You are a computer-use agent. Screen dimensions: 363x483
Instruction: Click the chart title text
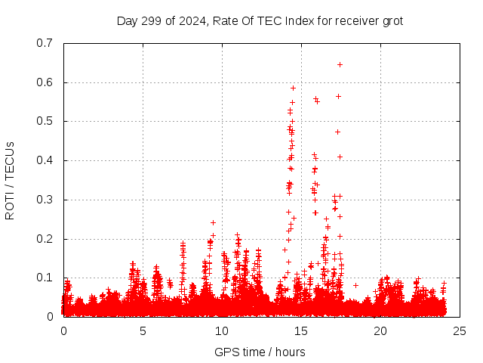tap(260, 20)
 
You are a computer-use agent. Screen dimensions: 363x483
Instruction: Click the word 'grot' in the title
tap(391, 20)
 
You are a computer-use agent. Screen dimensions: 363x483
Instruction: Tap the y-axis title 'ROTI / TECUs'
tap(10, 180)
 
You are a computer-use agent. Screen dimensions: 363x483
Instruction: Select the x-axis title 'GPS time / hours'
tap(260, 352)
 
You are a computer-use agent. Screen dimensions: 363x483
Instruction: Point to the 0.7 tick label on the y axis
tap(45, 43)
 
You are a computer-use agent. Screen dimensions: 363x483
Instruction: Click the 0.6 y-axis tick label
tap(45, 82)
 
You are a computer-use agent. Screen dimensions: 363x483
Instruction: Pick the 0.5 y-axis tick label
tap(45, 121)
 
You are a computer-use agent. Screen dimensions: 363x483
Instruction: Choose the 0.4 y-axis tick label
tap(45, 160)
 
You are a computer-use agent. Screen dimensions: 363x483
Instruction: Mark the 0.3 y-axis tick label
tap(45, 200)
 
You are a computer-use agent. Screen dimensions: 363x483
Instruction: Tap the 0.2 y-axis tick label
tap(45, 239)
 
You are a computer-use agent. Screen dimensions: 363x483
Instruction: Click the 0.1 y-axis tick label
tap(45, 278)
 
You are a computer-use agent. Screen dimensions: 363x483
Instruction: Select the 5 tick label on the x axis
tap(143, 331)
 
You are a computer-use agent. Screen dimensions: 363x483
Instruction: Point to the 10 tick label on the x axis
tap(222, 331)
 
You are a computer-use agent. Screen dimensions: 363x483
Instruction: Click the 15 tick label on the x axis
tap(301, 331)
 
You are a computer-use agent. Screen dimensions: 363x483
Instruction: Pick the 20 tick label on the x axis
tap(380, 331)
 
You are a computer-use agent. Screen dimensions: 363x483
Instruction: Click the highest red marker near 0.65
tap(340, 64)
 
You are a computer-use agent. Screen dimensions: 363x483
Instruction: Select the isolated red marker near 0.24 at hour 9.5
tap(213, 222)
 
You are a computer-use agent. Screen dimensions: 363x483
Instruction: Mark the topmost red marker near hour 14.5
tap(293, 88)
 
